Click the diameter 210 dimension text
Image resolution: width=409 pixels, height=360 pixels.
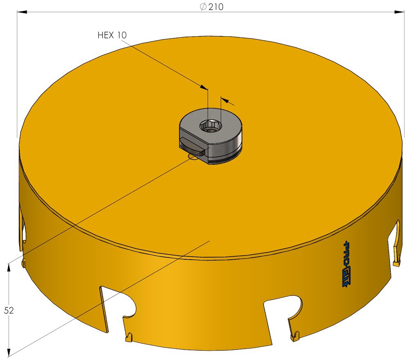211,7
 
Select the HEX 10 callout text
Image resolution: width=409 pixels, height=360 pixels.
112,35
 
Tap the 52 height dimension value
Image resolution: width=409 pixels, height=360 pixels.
9,310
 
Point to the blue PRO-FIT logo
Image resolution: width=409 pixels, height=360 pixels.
347,263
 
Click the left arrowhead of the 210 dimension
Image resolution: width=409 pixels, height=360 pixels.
22,12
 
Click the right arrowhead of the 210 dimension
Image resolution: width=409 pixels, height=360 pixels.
399,12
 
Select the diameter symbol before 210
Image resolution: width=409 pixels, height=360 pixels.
203,7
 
